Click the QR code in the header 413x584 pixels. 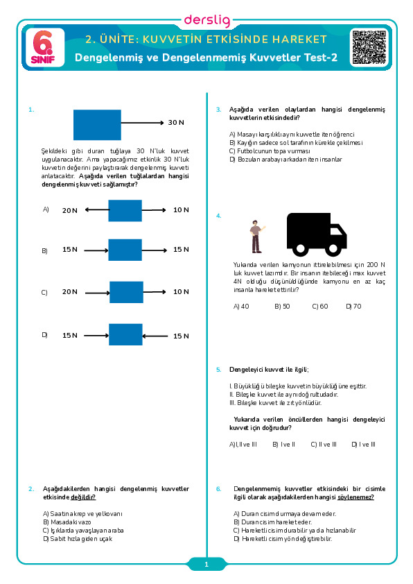click(369, 47)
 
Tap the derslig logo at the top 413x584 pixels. click(207, 21)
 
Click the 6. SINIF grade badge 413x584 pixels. click(44, 48)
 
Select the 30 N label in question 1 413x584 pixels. click(176, 123)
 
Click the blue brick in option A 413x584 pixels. click(125, 211)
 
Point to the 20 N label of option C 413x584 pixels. click(70, 292)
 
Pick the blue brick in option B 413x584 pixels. click(125, 250)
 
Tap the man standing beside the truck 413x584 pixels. click(256, 237)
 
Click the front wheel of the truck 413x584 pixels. click(333, 249)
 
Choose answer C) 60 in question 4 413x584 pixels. click(320, 307)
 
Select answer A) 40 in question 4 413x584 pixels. click(241, 307)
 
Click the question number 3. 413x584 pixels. click(218, 110)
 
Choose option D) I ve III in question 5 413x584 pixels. click(364, 445)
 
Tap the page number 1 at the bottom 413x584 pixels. click(206, 565)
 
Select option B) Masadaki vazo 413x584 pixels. click(67, 522)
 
